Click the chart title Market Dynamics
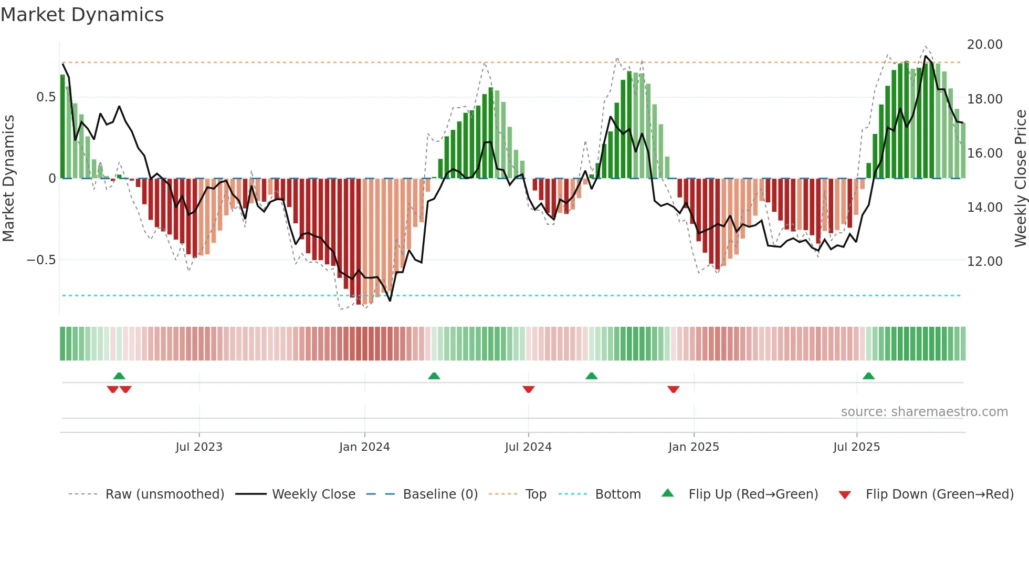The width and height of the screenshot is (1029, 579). click(82, 15)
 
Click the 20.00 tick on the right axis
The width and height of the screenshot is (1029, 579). click(984, 45)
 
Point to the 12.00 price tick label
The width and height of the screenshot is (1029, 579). click(984, 262)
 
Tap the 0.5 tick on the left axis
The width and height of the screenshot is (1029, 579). click(46, 97)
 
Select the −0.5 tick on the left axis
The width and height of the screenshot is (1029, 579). click(41, 260)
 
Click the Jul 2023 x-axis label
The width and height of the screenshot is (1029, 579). click(199, 447)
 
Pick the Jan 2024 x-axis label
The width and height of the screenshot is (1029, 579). click(364, 447)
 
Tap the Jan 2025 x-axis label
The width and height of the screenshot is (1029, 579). click(694, 447)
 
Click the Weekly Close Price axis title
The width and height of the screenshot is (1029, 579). click(1020, 179)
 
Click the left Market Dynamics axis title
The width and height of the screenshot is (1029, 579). click(9, 179)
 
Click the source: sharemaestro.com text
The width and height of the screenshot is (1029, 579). click(924, 412)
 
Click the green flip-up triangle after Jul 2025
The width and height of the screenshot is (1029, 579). click(868, 376)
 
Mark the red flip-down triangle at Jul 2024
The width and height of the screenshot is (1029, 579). click(529, 389)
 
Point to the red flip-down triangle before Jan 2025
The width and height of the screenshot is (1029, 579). click(674, 389)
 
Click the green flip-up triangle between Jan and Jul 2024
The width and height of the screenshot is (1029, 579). click(434, 376)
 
